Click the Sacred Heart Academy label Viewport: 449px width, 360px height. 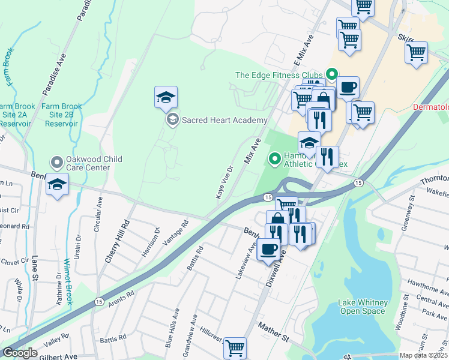click(224, 121)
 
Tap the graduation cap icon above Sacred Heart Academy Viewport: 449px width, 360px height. click(166, 97)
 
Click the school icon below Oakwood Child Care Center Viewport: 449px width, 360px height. click(57, 184)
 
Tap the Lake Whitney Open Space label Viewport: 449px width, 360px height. click(363, 307)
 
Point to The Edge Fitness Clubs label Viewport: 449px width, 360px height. click(279, 75)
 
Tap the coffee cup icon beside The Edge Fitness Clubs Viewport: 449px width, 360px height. click(348, 88)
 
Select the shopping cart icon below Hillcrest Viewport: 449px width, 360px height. click(235, 347)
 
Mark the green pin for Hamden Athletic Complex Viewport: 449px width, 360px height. click(275, 159)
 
